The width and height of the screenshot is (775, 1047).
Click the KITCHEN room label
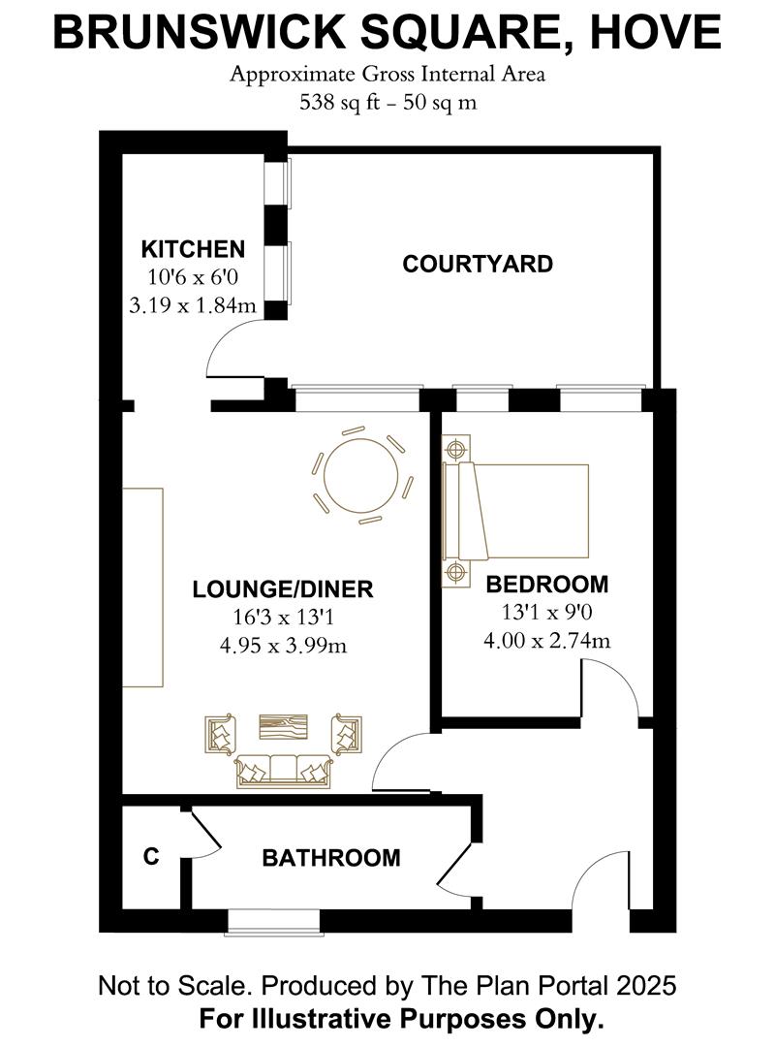tap(193, 247)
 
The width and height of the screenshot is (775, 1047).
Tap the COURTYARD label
tap(478, 264)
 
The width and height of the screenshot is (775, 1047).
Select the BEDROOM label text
tap(546, 585)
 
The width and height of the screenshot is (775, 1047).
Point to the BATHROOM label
tap(331, 858)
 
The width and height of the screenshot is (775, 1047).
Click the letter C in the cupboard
tap(150, 857)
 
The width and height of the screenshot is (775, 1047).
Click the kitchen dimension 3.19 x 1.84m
tap(193, 305)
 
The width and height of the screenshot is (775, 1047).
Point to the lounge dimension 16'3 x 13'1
tap(282, 617)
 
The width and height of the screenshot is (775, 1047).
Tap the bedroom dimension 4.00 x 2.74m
tap(546, 640)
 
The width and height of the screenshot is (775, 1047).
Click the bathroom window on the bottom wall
tap(272, 921)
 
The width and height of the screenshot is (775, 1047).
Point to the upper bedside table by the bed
tap(456, 449)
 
